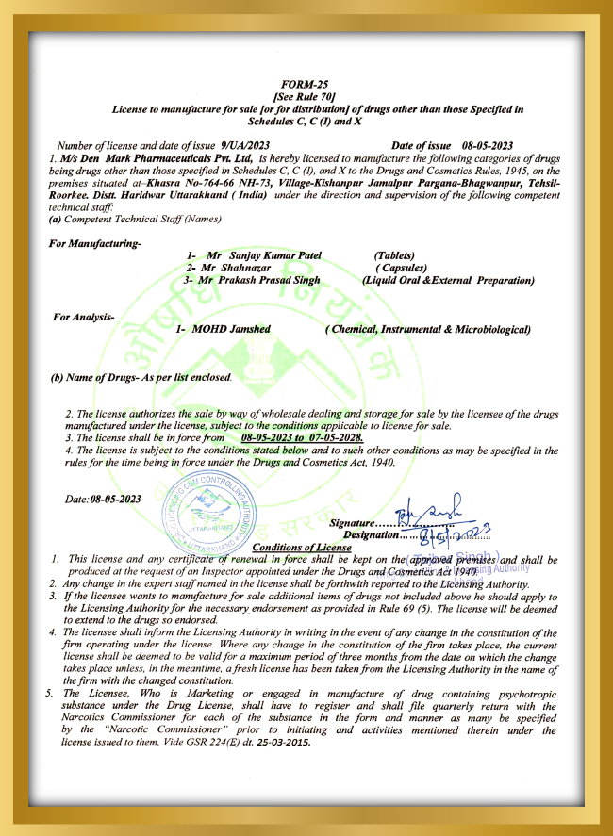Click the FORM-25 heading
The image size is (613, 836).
click(x=306, y=84)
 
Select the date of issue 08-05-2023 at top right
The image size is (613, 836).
click(x=487, y=146)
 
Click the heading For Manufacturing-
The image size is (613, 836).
click(x=94, y=244)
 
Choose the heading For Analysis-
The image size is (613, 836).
click(x=84, y=317)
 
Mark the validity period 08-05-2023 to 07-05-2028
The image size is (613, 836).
click(x=302, y=438)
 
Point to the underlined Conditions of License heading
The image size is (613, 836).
click(x=302, y=548)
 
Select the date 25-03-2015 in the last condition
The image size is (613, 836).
click(x=286, y=742)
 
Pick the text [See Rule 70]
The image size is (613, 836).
click(x=306, y=96)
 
